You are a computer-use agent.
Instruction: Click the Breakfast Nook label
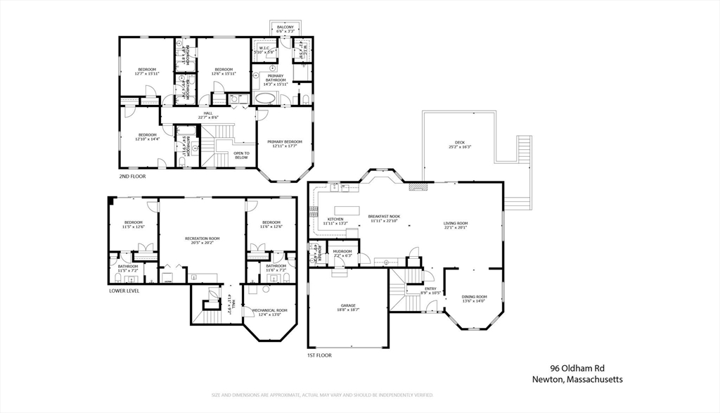(x=383, y=218)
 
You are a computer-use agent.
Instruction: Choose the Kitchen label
(x=335, y=221)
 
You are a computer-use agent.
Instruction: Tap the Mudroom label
(x=342, y=253)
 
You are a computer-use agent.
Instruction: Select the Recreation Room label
(x=202, y=241)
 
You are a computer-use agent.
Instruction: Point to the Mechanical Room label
(x=269, y=312)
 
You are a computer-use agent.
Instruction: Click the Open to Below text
(x=241, y=155)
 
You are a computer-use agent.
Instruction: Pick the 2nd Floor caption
(x=132, y=177)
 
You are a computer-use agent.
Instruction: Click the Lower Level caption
(x=124, y=291)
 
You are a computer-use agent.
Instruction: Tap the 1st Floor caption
(x=319, y=355)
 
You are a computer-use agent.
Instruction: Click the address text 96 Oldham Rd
(x=577, y=368)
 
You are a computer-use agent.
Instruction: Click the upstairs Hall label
(x=208, y=115)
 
